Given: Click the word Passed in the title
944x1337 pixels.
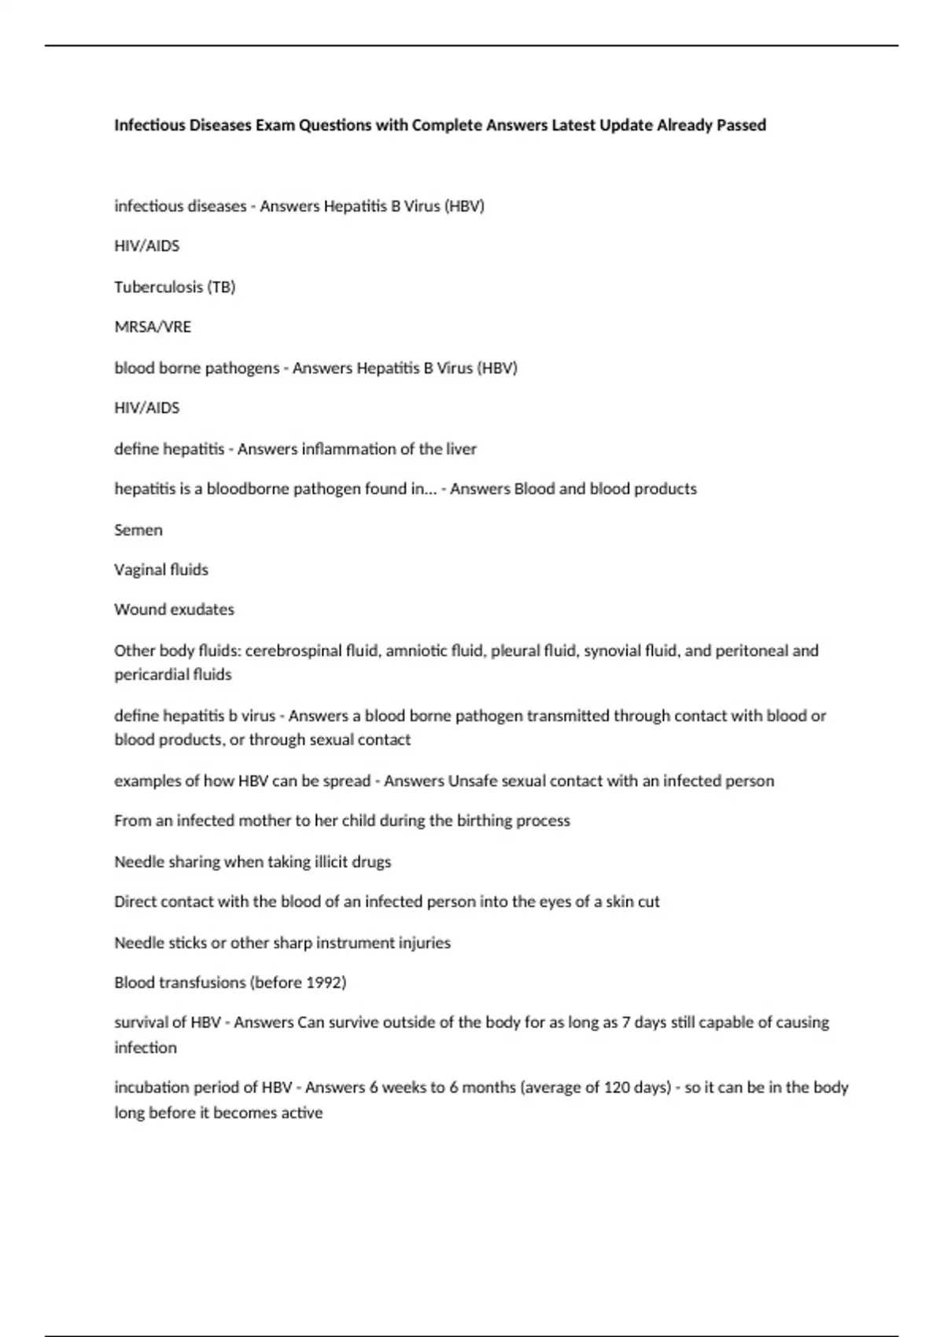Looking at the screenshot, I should pos(740,125).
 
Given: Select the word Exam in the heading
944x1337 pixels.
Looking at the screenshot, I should pos(274,125).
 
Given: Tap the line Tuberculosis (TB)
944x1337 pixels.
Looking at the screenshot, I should pos(175,286).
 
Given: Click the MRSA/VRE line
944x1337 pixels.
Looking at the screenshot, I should pos(153,326).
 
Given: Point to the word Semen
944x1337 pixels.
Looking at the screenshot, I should pos(138,529).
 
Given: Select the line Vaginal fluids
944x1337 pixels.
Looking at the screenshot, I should pos(161,569).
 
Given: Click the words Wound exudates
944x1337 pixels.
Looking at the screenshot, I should pos(174,610).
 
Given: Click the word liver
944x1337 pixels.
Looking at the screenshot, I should pos(461,449).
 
